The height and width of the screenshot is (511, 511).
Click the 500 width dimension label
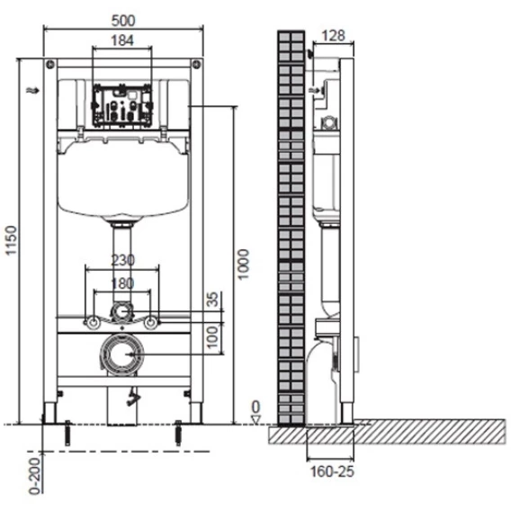[x=123, y=21]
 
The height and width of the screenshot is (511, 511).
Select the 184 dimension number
[x=122, y=40]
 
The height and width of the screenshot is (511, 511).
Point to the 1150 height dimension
[x=12, y=240]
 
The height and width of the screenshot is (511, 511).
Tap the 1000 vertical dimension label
[x=243, y=264]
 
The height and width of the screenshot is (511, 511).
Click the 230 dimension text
[x=122, y=260]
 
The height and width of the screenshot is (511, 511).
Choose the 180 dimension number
[x=122, y=283]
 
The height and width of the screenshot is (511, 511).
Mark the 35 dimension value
[x=212, y=300]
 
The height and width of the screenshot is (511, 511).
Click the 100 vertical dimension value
[x=212, y=337]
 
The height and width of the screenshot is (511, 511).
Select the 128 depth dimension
[x=333, y=35]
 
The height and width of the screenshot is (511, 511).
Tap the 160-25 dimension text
[x=332, y=471]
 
